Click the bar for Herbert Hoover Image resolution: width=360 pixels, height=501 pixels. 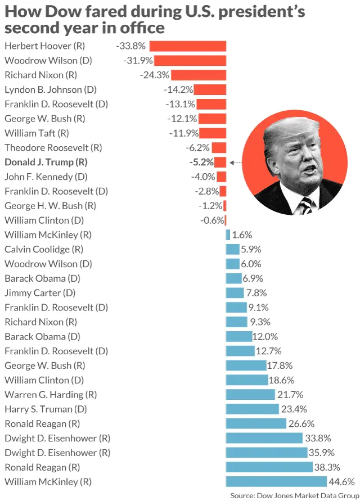pos(187,46)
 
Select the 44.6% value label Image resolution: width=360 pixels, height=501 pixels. pos(342,481)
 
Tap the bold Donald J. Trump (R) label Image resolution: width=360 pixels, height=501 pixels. pos(46,162)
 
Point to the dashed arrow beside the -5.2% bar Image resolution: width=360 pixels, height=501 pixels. pos(236,163)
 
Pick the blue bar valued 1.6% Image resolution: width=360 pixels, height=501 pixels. pos(228,235)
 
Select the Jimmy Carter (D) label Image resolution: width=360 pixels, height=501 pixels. pos(40,293)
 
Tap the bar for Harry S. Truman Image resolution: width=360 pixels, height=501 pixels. pos(252,409)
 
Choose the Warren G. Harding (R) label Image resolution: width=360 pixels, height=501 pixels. pos(51,395)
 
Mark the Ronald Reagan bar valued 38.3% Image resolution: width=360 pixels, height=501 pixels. pos(269,467)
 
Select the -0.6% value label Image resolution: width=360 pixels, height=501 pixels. pos(212,220)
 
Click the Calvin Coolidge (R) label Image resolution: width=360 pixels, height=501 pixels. pos(44,249)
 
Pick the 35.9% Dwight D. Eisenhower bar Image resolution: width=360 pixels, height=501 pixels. pos(266,453)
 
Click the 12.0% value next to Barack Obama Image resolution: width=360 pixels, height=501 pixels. pos(265,336)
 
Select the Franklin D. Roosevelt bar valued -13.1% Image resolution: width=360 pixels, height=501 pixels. pos(211,104)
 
